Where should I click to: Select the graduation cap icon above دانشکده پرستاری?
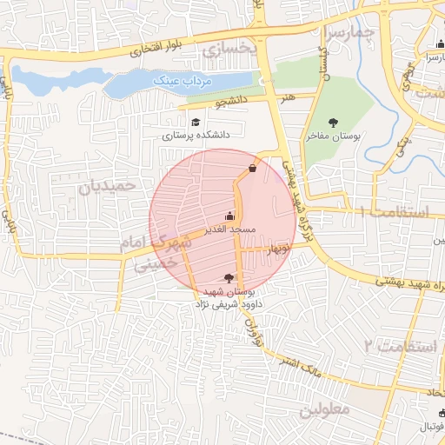(x=196, y=123)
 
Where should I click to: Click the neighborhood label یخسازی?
(x=229, y=51)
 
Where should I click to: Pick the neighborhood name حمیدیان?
(x=109, y=186)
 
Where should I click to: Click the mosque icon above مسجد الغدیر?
(x=229, y=216)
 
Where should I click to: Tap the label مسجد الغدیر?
(x=229, y=229)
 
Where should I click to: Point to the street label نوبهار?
(x=277, y=249)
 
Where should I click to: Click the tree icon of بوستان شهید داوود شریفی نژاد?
(x=229, y=277)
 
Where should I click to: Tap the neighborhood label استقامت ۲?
(x=394, y=346)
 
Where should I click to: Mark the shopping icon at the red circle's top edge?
(x=252, y=168)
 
